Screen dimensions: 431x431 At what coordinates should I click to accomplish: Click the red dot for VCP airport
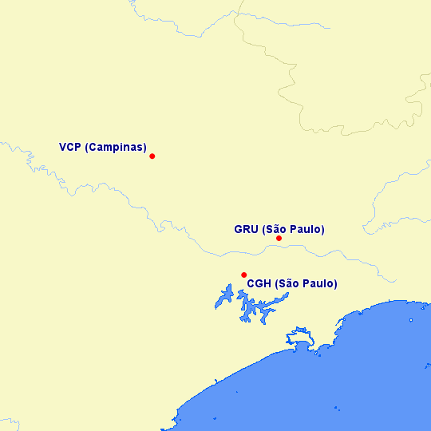coord(152,156)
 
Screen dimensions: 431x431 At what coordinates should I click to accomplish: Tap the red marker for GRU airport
coord(279,239)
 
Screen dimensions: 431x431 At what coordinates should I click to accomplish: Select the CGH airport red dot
coord(243,275)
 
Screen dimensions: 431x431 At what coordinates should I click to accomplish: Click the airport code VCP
coord(69,148)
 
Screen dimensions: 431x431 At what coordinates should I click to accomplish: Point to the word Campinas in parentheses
coord(116,148)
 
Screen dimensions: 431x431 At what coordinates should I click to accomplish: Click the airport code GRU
coord(246,230)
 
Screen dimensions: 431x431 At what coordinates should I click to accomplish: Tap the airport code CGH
coord(259,284)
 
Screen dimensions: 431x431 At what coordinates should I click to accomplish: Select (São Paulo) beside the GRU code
coord(293,230)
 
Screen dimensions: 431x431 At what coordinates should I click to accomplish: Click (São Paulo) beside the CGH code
coord(306,284)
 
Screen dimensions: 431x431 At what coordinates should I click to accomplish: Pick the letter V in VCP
coord(62,148)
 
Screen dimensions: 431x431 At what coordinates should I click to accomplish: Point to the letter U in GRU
coord(254,230)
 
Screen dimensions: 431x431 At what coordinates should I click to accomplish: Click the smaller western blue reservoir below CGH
coord(224,299)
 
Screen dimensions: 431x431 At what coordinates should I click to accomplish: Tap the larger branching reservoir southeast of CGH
coord(258,308)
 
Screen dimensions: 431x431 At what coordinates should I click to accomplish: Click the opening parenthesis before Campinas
coord(86,148)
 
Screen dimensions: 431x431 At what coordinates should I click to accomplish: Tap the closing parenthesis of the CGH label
coord(335,284)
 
